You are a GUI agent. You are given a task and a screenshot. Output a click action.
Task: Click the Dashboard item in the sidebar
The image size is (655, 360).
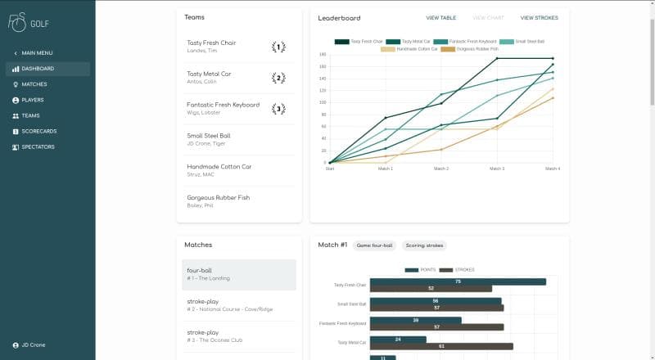tap(38, 69)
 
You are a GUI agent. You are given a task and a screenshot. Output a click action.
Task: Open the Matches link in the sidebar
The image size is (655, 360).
tap(34, 84)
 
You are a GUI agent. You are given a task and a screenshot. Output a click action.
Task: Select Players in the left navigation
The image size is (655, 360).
tap(33, 100)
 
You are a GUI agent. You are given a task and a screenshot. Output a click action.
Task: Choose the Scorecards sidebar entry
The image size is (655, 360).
tap(38, 131)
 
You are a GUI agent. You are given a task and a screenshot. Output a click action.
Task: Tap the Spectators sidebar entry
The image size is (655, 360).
tap(38, 146)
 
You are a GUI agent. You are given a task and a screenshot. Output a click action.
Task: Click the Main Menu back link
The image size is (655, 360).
tap(37, 53)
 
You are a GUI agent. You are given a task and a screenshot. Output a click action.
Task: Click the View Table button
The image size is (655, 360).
tap(441, 17)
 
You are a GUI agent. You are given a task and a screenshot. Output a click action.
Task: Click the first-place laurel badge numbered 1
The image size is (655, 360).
tap(278, 47)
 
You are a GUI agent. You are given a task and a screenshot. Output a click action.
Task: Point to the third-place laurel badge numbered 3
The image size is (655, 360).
tap(278, 109)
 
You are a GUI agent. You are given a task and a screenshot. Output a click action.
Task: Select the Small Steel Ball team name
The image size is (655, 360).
tap(209, 136)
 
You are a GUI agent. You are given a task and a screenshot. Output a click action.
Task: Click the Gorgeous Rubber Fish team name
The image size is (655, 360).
tap(218, 197)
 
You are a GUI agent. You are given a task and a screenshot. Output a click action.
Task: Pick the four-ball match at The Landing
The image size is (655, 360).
tap(238, 274)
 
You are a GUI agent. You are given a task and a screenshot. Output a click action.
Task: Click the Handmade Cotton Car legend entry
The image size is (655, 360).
tap(416, 48)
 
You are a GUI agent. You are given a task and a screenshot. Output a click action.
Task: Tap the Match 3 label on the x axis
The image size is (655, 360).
tap(497, 168)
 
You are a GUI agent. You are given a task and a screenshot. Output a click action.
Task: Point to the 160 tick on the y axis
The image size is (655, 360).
tap(323, 66)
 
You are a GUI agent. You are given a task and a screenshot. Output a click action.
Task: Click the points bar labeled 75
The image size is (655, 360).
tap(457, 281)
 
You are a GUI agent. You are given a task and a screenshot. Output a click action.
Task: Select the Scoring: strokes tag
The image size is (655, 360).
tap(424, 245)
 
